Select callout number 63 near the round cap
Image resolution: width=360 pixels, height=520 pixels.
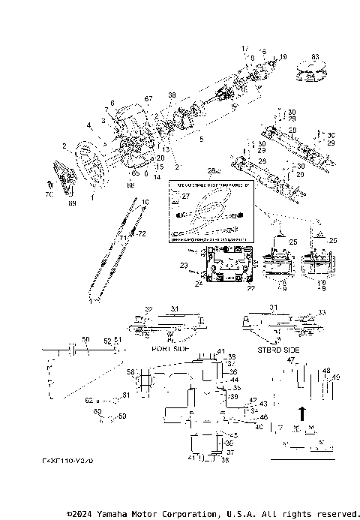pos(315,57)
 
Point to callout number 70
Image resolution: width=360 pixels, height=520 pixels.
pos(49,194)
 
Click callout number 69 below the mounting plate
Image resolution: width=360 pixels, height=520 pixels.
pos(73,203)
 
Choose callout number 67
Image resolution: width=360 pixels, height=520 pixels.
pos(148,99)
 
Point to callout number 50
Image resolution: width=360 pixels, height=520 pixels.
pos(85,340)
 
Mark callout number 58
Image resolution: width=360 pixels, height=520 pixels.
pos(130,371)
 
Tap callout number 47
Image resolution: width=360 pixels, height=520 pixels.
pos(290,360)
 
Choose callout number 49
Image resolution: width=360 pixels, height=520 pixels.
pos(337,377)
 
